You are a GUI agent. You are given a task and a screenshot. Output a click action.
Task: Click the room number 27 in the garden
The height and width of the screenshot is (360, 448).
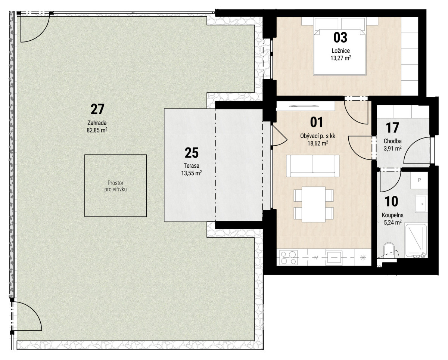click(x=97, y=109)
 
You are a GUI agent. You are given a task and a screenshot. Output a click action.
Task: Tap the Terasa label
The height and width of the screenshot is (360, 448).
click(x=191, y=166)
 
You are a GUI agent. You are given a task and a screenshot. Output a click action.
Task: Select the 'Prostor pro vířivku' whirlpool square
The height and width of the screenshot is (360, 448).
click(x=115, y=186)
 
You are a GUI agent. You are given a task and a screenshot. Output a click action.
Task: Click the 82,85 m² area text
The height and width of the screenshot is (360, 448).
click(x=97, y=130)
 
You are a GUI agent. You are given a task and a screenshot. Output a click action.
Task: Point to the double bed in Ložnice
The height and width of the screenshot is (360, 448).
click(x=340, y=46)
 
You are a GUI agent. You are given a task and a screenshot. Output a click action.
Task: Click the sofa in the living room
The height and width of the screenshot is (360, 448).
click(x=313, y=166)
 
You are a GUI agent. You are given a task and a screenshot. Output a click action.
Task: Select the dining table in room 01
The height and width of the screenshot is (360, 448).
click(x=314, y=205)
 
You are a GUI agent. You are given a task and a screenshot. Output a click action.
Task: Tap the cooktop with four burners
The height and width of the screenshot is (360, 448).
click(x=288, y=258)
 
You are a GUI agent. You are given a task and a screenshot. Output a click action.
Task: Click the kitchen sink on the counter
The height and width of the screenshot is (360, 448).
click(x=334, y=258)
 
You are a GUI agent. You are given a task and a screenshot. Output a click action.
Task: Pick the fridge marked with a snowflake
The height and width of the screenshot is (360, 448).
click(x=363, y=258)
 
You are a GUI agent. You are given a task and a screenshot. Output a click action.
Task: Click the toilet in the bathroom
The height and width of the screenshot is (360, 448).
click(x=389, y=251)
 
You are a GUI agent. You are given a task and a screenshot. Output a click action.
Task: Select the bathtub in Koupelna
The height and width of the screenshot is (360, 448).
click(x=416, y=241)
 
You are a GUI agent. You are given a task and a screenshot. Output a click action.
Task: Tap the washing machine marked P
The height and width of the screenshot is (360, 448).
click(x=419, y=180)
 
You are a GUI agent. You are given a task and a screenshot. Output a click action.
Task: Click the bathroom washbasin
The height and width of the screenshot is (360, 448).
click(x=421, y=204)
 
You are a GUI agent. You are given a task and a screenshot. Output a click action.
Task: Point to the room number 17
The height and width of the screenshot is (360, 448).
click(x=392, y=128)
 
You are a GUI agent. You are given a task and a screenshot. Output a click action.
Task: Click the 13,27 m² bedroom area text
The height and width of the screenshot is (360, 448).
click(x=341, y=58)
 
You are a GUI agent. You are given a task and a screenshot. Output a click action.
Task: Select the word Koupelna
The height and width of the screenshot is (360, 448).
click(x=392, y=215)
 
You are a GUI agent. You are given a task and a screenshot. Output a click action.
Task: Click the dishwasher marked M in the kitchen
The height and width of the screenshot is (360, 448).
click(x=317, y=258)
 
